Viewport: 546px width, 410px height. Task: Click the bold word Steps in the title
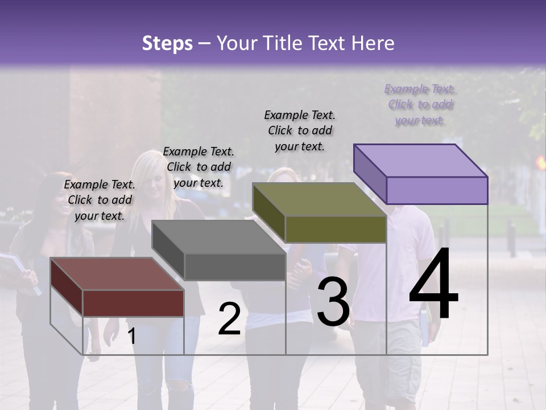pos(167,43)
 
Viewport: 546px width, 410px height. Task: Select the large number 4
pos(433,285)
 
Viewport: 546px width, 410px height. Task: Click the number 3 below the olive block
pos(333,304)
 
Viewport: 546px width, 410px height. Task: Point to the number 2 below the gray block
pos(229,319)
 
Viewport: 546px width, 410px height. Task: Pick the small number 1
pos(132,336)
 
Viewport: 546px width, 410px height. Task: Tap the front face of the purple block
pos(437,190)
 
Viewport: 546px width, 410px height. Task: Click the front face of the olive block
pos(336,229)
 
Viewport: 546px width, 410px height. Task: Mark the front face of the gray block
pos(235,266)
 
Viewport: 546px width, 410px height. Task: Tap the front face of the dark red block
pos(133,303)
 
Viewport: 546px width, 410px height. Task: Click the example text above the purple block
pos(420,105)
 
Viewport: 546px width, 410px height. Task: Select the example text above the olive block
pos(300,130)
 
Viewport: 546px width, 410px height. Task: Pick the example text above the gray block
pos(198,167)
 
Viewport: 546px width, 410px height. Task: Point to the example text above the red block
pos(100,200)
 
